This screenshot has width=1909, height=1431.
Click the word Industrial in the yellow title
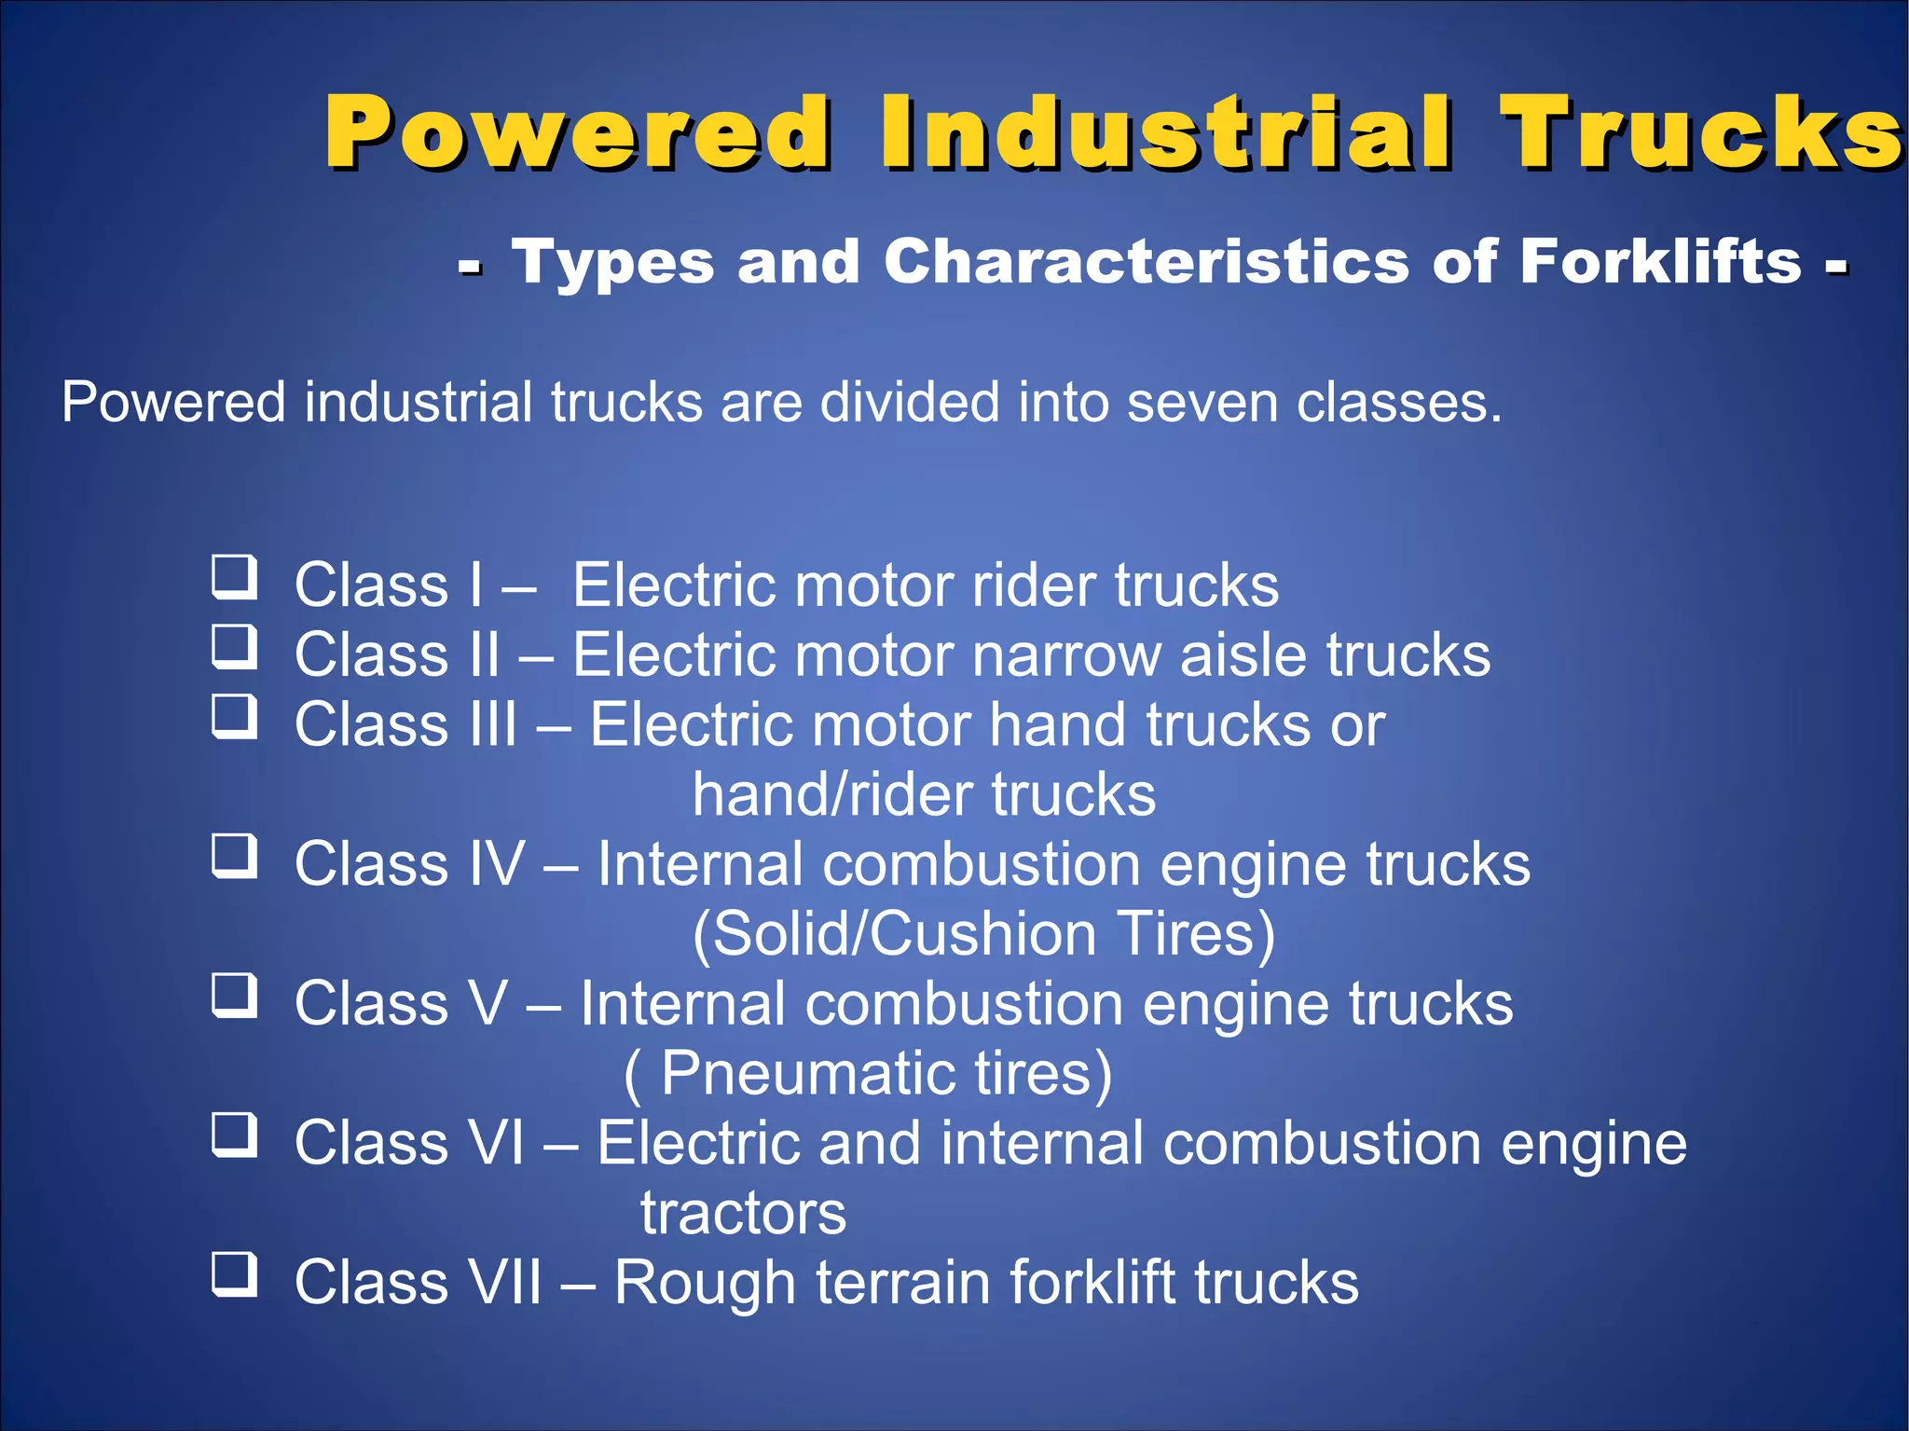point(1166,132)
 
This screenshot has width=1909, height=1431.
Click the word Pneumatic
point(807,1074)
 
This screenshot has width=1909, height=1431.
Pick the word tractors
point(743,1214)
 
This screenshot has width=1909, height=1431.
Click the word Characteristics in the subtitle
point(1147,261)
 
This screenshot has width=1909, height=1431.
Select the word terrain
point(901,1283)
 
